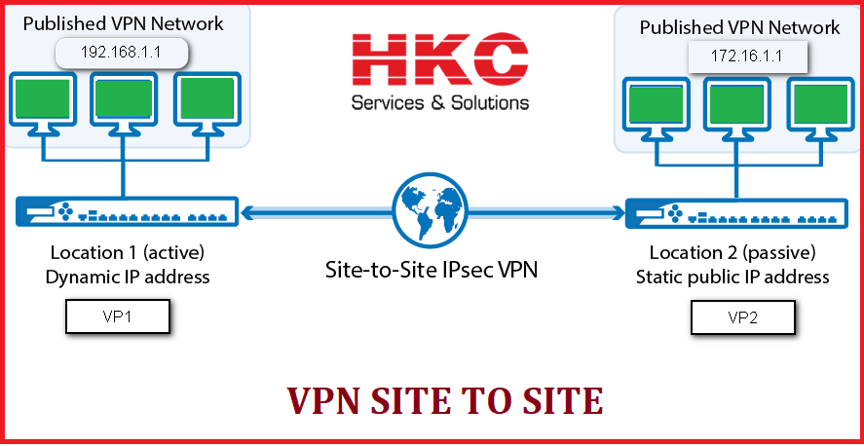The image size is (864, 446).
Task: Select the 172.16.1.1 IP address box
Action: coord(748,57)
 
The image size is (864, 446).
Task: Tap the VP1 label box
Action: coord(118,316)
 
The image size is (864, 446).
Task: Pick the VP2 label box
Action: coord(742,317)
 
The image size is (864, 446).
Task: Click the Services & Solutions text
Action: coord(439,102)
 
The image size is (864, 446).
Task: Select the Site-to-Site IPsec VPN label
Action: coord(431,268)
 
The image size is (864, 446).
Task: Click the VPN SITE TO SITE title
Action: coord(444,400)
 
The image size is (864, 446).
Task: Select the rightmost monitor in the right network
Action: coord(818,103)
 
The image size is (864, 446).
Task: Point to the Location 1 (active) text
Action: coord(126,253)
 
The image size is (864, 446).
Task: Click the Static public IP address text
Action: coord(733,277)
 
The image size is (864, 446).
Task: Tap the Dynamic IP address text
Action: coord(127,277)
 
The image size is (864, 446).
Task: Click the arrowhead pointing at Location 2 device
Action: coord(617,210)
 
